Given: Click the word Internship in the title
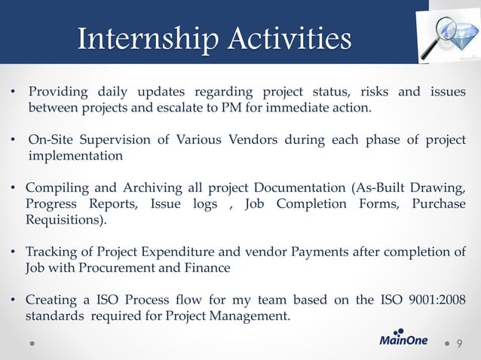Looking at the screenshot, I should (x=142, y=38).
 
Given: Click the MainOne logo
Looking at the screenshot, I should (x=403, y=339).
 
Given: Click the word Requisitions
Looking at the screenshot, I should (x=64, y=221).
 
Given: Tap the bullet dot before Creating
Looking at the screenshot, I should (x=15, y=300).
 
